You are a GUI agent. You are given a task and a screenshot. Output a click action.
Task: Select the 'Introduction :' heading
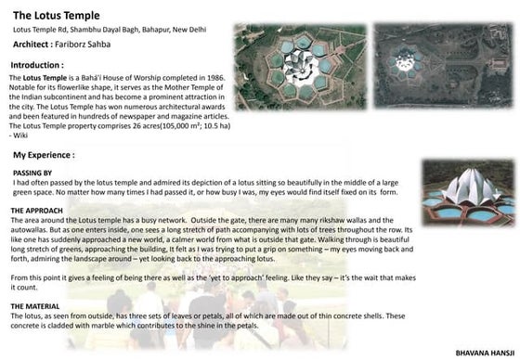43,67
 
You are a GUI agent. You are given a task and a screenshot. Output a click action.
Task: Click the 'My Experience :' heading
45,155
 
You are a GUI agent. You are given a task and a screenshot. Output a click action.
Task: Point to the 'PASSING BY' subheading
32,174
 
